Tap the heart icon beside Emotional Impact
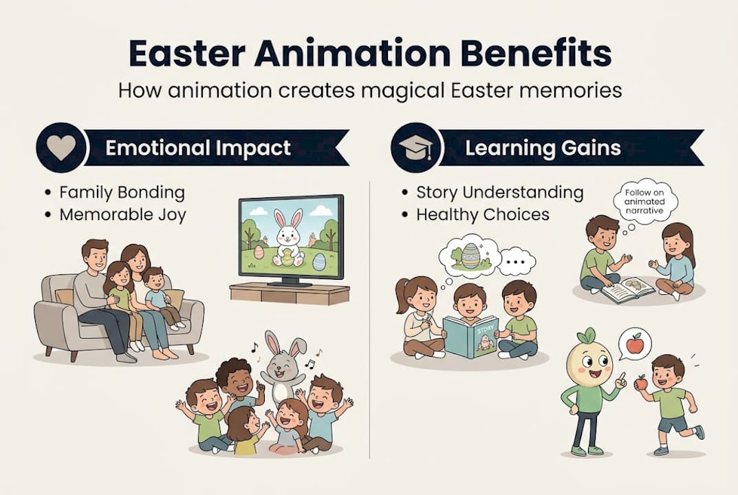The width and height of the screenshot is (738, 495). [x=62, y=147]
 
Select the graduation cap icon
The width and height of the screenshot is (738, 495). [x=416, y=148]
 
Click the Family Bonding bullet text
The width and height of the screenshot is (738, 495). [x=122, y=192]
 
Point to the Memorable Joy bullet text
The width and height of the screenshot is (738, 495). [x=123, y=214]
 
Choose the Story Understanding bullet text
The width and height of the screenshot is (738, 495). [x=500, y=192]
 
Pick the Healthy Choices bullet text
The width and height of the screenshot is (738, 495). [x=483, y=214]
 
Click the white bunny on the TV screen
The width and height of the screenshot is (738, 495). [x=288, y=240]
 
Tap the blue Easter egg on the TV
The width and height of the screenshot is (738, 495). [x=318, y=262]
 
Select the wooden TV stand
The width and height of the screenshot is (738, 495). [x=290, y=294]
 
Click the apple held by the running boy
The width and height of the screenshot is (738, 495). [x=640, y=382]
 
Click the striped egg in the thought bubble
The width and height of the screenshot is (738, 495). [x=470, y=256]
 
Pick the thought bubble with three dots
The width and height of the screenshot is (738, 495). [x=517, y=262]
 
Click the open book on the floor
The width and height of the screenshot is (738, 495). [x=627, y=289]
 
